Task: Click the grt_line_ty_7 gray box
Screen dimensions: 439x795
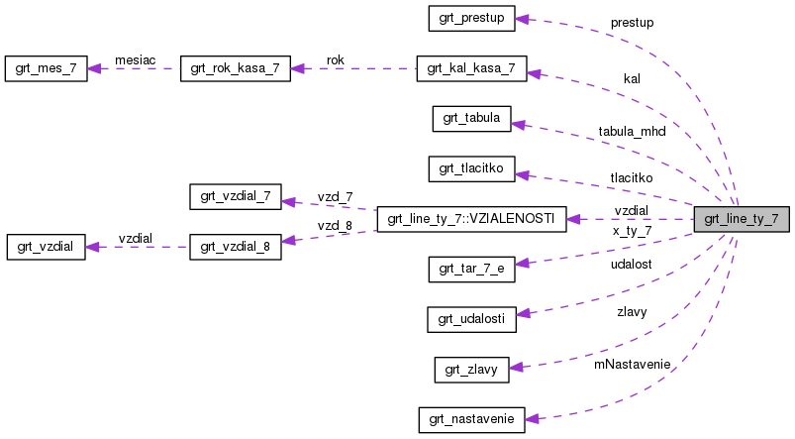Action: pyautogui.click(x=741, y=219)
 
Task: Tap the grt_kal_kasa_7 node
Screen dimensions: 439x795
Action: pyautogui.click(x=471, y=69)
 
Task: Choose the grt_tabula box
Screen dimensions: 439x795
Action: pyautogui.click(x=471, y=119)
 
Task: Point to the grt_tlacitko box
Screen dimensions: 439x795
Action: pyautogui.click(x=471, y=169)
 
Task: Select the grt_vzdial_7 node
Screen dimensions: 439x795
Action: pyautogui.click(x=236, y=195)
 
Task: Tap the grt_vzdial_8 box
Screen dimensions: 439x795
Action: pyautogui.click(x=236, y=246)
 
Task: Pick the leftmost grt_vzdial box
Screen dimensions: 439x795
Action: pyautogui.click(x=45, y=246)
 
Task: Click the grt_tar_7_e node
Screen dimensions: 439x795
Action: pyautogui.click(x=471, y=269)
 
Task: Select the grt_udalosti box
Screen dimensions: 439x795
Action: pyautogui.click(x=471, y=319)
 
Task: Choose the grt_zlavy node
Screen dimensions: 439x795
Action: pyautogui.click(x=471, y=369)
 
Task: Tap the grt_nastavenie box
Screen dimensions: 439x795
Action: pyautogui.click(x=471, y=419)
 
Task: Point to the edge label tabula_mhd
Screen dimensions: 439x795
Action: pyautogui.click(x=632, y=131)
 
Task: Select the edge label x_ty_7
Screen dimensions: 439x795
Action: pyautogui.click(x=632, y=231)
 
